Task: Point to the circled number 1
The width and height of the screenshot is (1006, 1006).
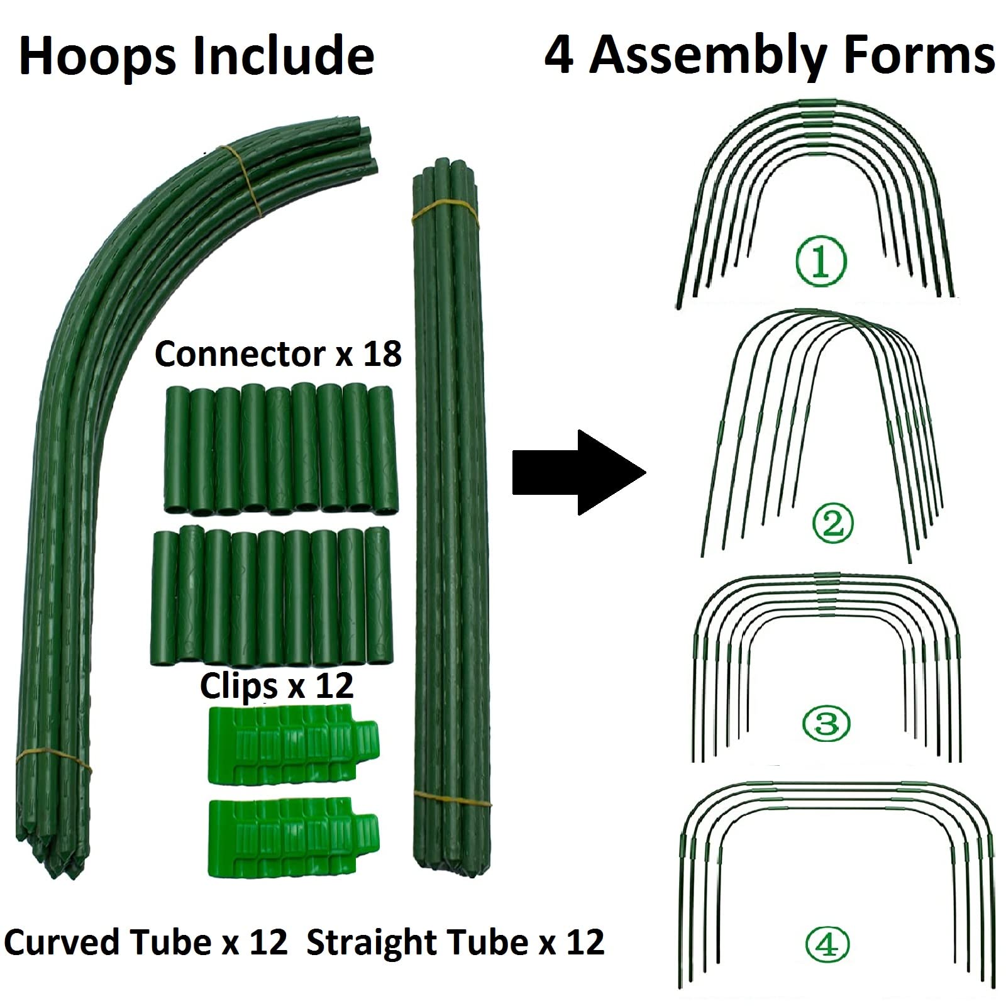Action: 821,261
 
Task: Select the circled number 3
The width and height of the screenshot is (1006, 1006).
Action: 826,723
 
